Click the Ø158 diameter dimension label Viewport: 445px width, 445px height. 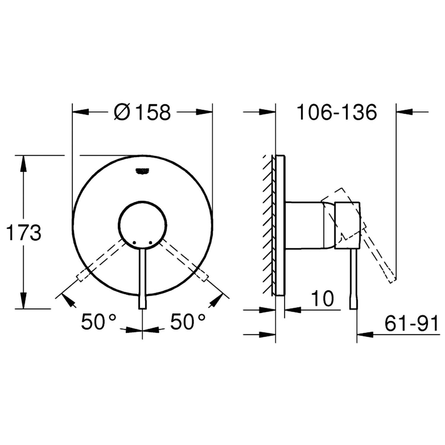point(143,112)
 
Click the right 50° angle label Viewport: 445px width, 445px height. point(187,322)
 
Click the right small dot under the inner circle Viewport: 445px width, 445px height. point(151,243)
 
